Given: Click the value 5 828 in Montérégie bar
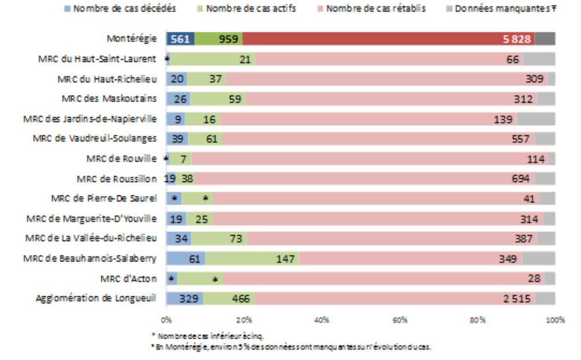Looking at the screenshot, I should coord(517,39).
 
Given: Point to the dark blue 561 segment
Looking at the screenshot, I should coord(180,39).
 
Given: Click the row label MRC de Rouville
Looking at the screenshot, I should coord(121,159).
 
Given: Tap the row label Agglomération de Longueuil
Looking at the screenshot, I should coord(96,299).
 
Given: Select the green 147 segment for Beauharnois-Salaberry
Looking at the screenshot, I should coord(286,259).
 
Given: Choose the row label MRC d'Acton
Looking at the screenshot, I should coord(128,279).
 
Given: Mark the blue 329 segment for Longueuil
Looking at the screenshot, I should coord(184,299).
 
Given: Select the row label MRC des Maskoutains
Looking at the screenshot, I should coord(109,99).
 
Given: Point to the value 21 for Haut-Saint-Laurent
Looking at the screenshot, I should coord(245,59).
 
